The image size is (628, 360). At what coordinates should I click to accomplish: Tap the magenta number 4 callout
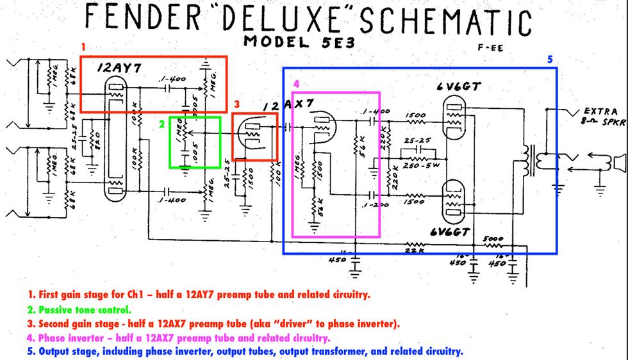295,84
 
